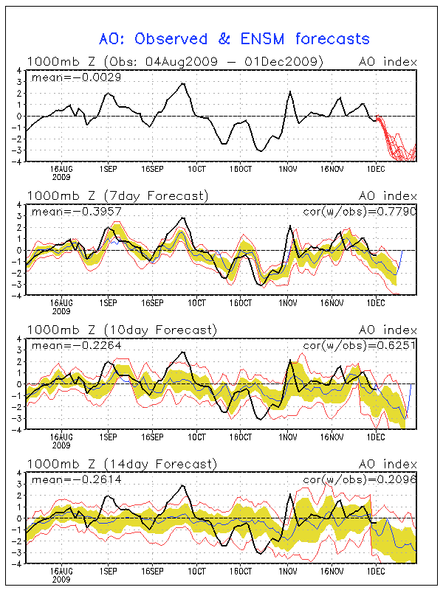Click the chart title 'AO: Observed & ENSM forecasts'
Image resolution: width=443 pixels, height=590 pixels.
tap(234, 38)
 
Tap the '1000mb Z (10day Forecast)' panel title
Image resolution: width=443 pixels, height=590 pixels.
tap(121, 330)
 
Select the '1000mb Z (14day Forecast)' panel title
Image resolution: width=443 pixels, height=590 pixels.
tap(121, 464)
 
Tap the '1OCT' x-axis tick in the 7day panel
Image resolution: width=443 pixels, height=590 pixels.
tap(196, 302)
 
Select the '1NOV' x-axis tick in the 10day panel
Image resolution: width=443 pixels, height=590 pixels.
tap(288, 437)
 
